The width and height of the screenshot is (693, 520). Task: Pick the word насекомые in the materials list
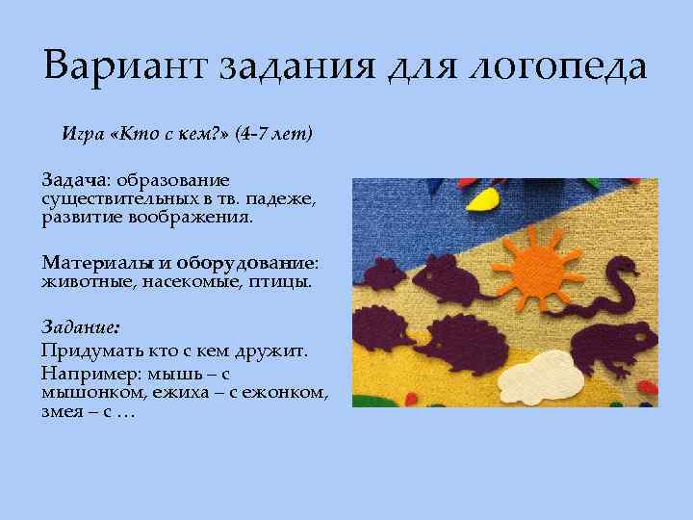click(179, 282)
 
